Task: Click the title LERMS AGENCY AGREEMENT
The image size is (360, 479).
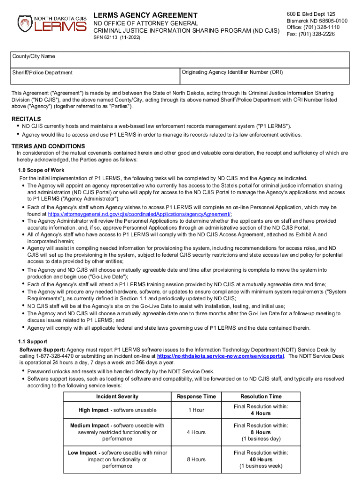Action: [x=145, y=15]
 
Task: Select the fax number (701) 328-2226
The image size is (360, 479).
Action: [x=310, y=34]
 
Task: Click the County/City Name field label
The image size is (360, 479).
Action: [x=33, y=57]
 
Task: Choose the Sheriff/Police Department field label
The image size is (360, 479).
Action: [x=43, y=73]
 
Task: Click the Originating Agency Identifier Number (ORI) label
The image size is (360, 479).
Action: [x=232, y=73]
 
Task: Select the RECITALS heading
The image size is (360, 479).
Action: [x=26, y=119]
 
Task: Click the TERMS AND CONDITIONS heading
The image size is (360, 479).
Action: [x=48, y=146]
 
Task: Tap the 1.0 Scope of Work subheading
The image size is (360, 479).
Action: [x=41, y=170]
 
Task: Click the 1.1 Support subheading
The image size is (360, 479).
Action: [x=32, y=342]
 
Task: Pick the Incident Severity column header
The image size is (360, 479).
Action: [x=117, y=397]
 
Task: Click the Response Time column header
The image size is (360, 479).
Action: [x=196, y=397]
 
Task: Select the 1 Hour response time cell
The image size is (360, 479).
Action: [x=196, y=410]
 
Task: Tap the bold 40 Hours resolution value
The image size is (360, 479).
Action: [x=261, y=459]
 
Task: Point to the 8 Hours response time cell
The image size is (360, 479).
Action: [x=196, y=459]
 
